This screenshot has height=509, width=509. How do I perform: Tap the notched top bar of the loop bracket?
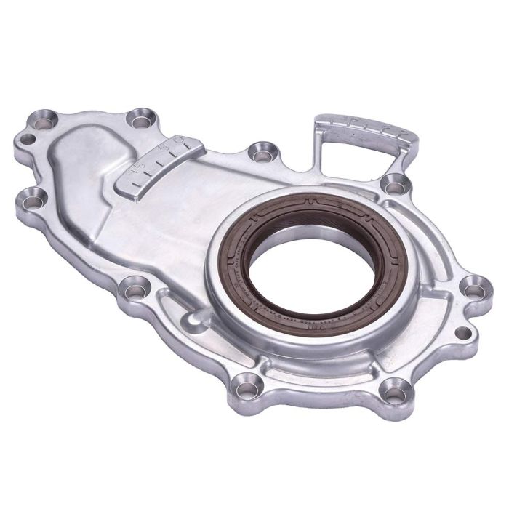tap(364, 127)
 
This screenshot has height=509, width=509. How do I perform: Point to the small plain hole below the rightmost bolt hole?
tap(462, 333)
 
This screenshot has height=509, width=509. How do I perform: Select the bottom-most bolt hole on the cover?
tap(393, 393)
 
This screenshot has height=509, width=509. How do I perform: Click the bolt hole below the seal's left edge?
tap(247, 381)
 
